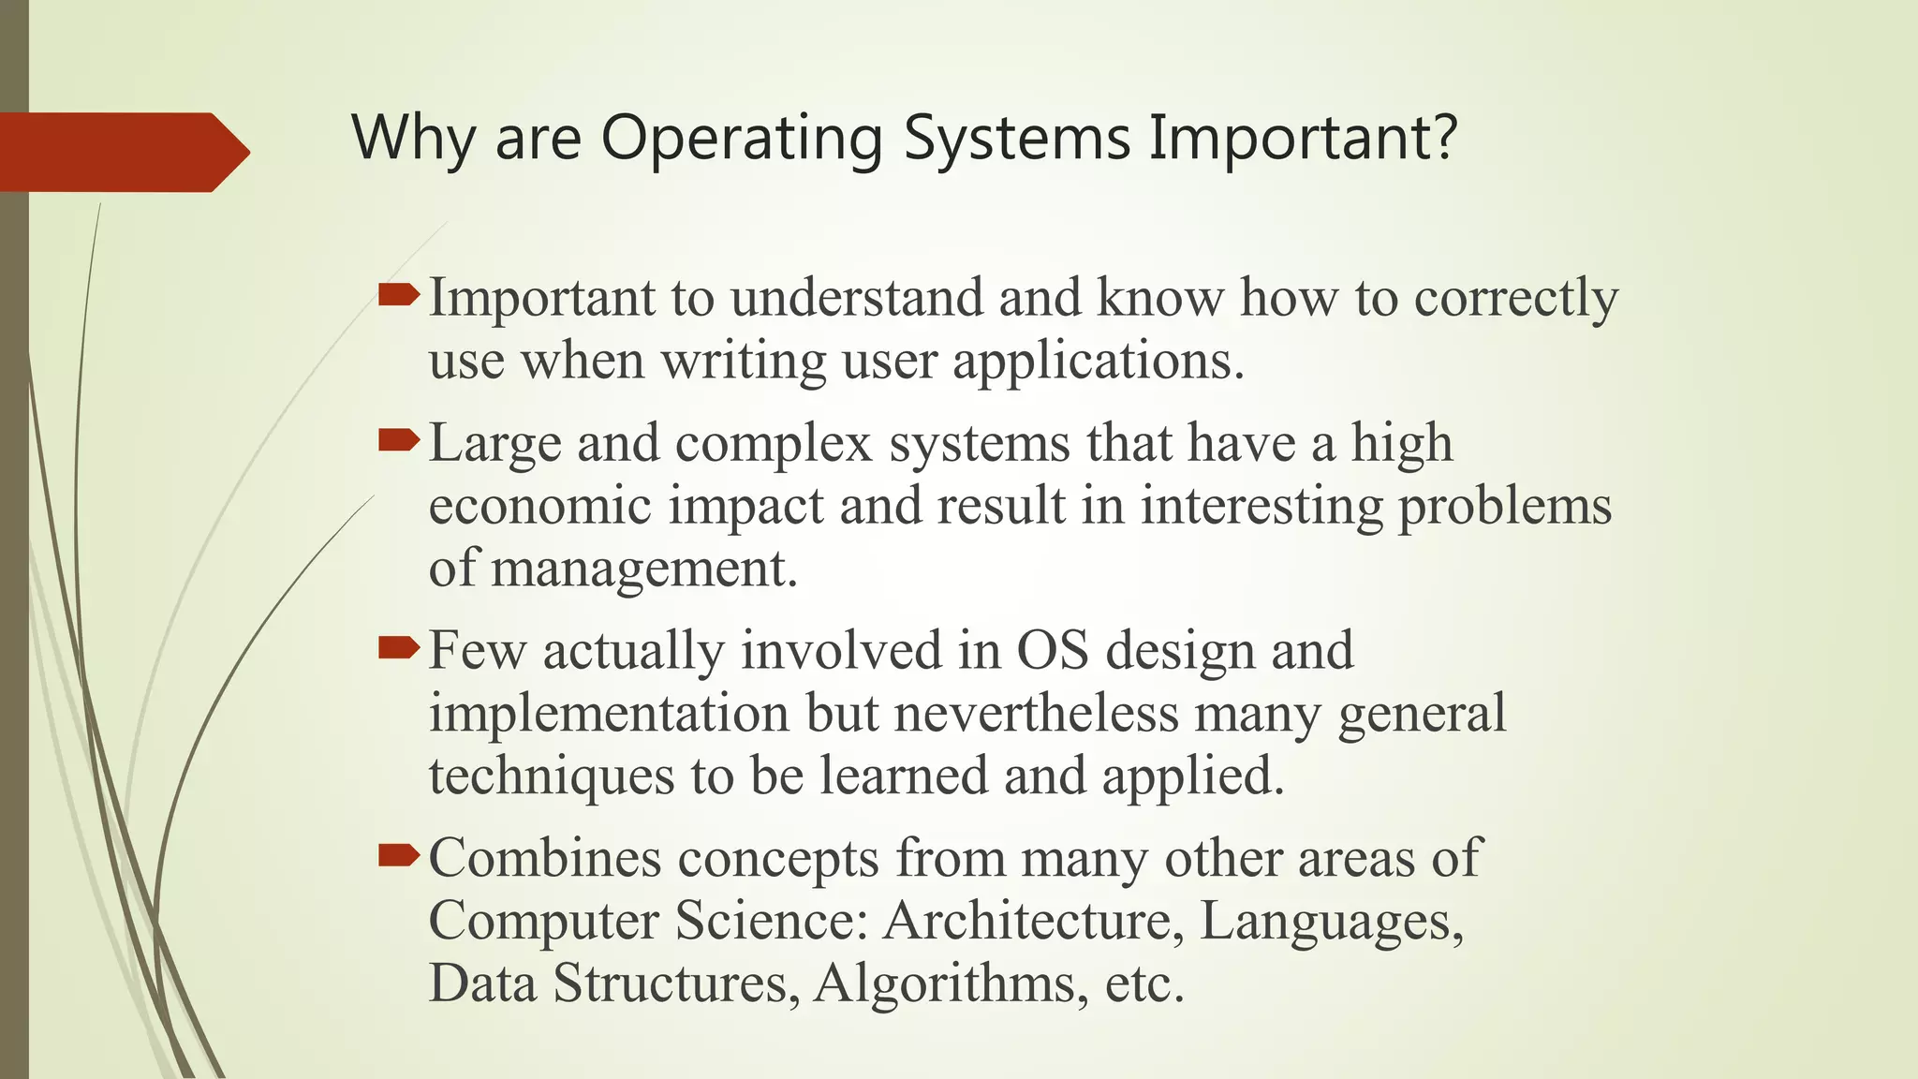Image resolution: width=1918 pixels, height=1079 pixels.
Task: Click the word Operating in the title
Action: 741,139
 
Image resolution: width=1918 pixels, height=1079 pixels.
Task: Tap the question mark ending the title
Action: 1443,137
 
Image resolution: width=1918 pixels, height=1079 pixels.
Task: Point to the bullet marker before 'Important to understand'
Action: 399,296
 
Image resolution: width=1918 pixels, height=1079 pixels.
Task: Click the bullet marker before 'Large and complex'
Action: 399,440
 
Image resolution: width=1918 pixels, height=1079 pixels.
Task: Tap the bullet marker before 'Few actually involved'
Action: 399,648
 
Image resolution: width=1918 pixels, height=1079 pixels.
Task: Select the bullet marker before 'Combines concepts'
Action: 399,855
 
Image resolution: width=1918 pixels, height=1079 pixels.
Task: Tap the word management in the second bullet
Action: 643,569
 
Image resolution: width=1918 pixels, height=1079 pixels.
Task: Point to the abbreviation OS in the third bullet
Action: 1053,650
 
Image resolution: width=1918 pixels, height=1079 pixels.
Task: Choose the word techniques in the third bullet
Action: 552,776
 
